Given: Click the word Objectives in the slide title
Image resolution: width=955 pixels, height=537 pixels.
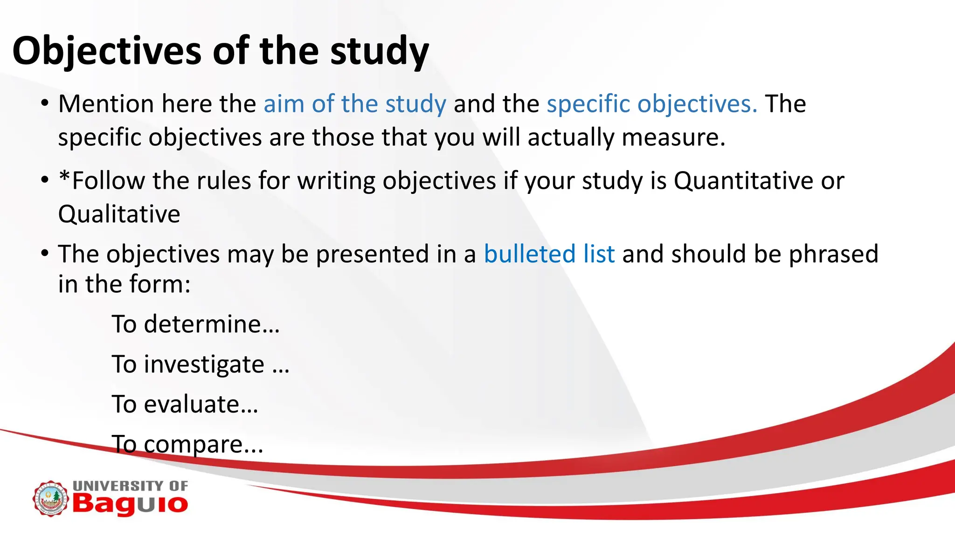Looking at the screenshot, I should [107, 51].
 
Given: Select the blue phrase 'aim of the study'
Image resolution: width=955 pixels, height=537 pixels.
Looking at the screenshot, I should [355, 103].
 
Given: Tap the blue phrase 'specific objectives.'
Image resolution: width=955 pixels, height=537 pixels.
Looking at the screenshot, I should [652, 103].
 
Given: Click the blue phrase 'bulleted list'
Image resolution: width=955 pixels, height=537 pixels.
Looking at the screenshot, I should [549, 254].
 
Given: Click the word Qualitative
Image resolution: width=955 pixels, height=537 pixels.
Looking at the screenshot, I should [119, 214].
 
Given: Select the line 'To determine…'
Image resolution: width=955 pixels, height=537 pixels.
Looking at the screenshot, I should [196, 324].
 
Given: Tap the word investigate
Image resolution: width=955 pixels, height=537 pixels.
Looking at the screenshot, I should [204, 365].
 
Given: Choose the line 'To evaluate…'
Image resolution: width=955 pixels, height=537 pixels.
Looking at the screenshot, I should [185, 404].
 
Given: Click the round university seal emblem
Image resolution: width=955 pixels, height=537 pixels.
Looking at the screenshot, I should [50, 499].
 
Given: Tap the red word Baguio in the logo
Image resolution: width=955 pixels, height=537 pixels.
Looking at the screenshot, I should [130, 504].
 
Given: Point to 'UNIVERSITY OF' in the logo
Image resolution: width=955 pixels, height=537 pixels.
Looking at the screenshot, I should [131, 486].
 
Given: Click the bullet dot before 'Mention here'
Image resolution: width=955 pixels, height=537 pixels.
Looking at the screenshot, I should [45, 103].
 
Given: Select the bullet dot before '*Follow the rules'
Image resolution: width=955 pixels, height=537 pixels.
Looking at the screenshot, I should [45, 180].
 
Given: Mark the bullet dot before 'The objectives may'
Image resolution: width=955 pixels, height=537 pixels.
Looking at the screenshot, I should [45, 254].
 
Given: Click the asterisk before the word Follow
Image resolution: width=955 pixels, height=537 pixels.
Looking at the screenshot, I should [64, 177].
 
